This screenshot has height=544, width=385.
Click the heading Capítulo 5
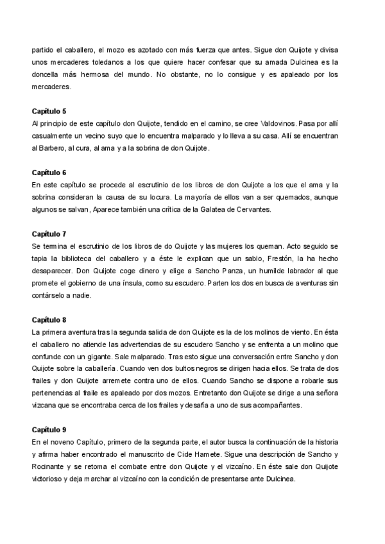[x=48, y=111]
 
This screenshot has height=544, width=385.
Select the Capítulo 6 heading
[x=48, y=173]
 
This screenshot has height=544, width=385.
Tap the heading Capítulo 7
[x=48, y=234]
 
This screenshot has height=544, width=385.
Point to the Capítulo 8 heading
[x=48, y=319]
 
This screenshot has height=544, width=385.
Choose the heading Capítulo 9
[x=48, y=429]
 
